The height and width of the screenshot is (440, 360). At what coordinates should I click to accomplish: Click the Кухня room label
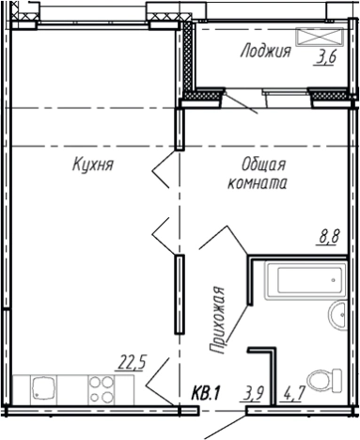(93, 165)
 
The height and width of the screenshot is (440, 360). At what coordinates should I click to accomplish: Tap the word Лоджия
(266, 52)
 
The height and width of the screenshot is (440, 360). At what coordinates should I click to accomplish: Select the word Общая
(263, 165)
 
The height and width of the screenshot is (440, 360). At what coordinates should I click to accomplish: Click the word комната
(257, 183)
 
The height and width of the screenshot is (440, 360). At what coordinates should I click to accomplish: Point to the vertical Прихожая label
(217, 321)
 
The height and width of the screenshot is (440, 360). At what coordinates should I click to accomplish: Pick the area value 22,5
(132, 364)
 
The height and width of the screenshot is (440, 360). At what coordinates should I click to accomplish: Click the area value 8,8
(329, 237)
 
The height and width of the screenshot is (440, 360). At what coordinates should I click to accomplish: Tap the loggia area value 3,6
(326, 58)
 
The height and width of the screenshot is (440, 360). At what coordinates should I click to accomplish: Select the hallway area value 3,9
(253, 393)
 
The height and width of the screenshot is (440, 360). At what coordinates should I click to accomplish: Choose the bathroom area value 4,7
(293, 393)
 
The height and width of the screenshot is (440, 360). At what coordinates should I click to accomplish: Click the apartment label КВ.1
(206, 393)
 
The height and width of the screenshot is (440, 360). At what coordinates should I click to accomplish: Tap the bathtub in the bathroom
(305, 280)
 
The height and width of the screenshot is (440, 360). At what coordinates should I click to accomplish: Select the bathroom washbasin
(338, 316)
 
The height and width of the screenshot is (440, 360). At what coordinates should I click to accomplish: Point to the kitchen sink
(43, 389)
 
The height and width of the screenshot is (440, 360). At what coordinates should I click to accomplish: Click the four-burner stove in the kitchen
(102, 389)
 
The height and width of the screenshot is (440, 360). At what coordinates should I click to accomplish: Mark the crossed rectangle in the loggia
(320, 37)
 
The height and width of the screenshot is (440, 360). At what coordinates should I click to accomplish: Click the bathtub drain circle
(333, 280)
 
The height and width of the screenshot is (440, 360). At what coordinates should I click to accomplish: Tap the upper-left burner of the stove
(95, 382)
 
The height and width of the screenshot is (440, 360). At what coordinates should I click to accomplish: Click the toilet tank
(337, 381)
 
